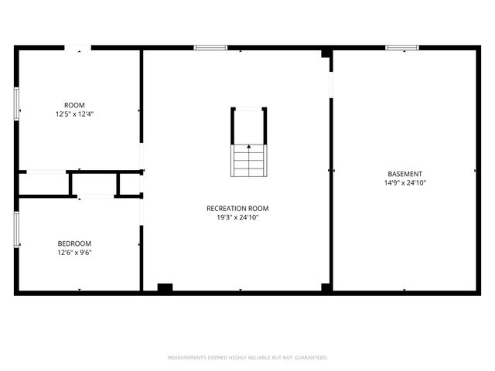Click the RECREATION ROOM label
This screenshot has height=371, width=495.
pos(237,208)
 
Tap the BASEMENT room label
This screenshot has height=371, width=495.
pos(405,174)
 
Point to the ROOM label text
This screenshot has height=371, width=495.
pos(74,104)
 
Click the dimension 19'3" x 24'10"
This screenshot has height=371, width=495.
pos(237,218)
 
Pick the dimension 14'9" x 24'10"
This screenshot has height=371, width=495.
pos(405,184)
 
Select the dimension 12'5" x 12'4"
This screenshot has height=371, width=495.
pos(74,114)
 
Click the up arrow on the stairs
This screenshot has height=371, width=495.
pos(248,145)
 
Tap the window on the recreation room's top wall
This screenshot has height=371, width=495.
pos(210,48)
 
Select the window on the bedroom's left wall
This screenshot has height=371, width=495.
pos(16,230)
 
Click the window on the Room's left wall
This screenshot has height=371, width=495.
pos(16,104)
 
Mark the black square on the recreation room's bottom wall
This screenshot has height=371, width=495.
pos(165,288)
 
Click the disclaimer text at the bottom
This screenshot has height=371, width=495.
pos(247,358)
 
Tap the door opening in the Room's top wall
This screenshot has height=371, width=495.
pos(80,49)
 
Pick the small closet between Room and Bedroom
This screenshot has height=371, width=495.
pos(94,184)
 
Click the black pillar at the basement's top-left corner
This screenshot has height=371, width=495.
pos(326,53)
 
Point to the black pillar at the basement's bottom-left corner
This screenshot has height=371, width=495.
pos(326,288)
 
